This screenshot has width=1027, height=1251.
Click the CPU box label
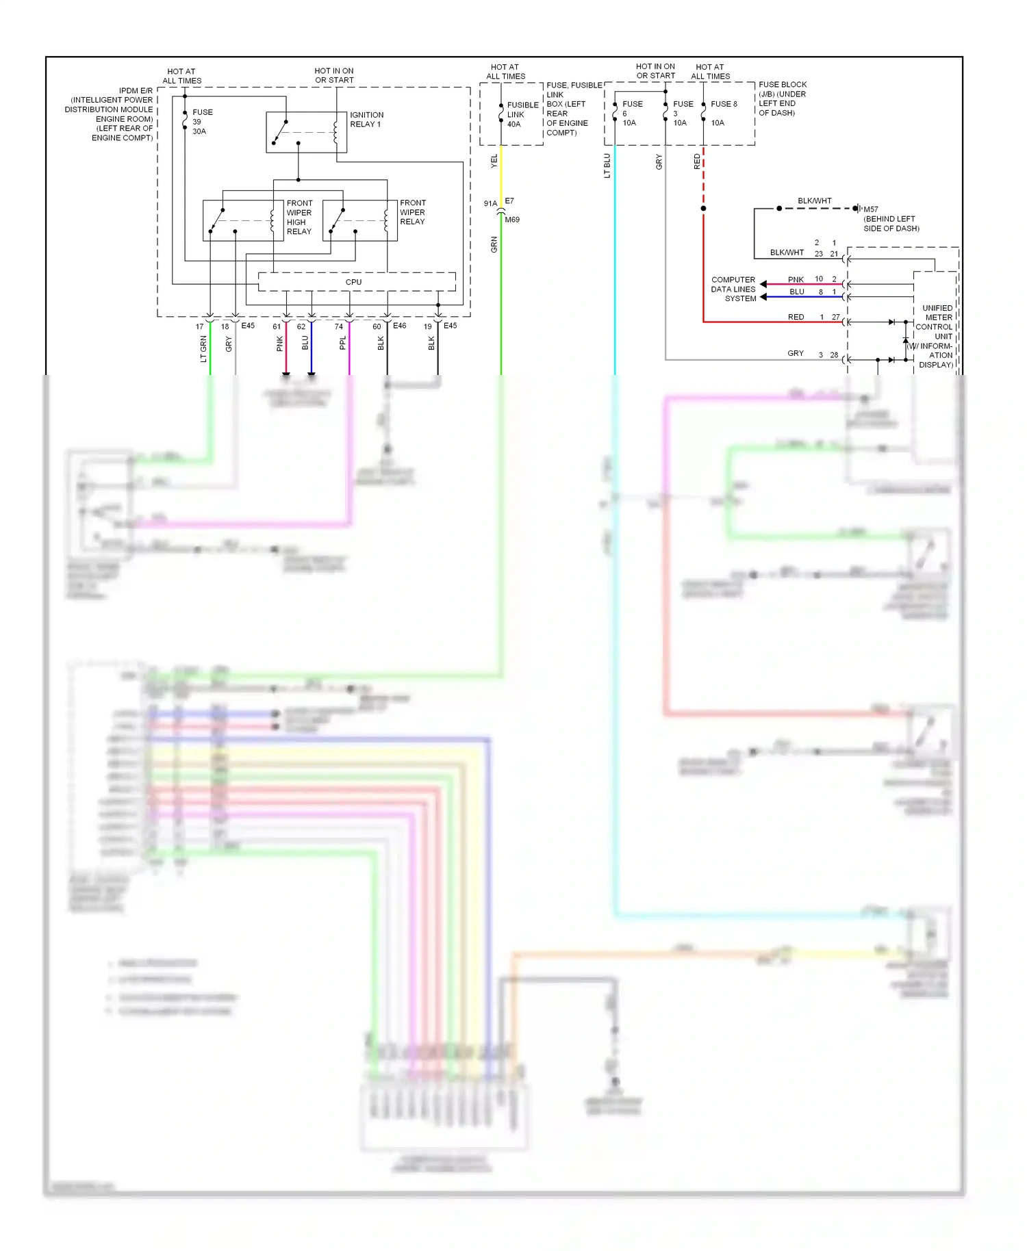pyautogui.click(x=353, y=282)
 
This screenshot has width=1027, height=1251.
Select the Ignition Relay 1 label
pyautogui.click(x=366, y=120)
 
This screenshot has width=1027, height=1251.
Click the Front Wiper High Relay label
pyautogui.click(x=299, y=217)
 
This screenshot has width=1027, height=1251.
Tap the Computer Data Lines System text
pyautogui.click(x=733, y=289)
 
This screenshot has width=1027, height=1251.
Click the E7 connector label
pyautogui.click(x=509, y=201)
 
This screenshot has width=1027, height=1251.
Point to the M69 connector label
pyautogui.click(x=512, y=220)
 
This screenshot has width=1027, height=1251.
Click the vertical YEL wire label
pyautogui.click(x=494, y=162)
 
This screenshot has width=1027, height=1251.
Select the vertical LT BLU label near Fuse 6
pyautogui.click(x=607, y=166)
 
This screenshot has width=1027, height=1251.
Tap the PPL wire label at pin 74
pyautogui.click(x=343, y=343)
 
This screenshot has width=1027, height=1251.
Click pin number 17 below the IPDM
pyautogui.click(x=200, y=327)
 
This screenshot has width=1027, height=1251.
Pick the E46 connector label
pyautogui.click(x=399, y=326)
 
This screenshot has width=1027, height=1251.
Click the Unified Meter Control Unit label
pyautogui.click(x=935, y=336)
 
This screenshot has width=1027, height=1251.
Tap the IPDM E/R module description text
pyautogui.click(x=110, y=114)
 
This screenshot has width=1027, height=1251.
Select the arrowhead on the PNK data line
pyautogui.click(x=763, y=284)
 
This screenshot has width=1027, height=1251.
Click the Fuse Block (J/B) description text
pyautogui.click(x=782, y=99)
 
